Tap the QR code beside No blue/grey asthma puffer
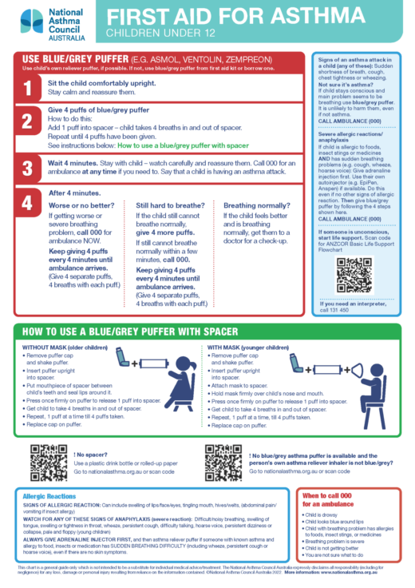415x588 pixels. click(x=223, y=461)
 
